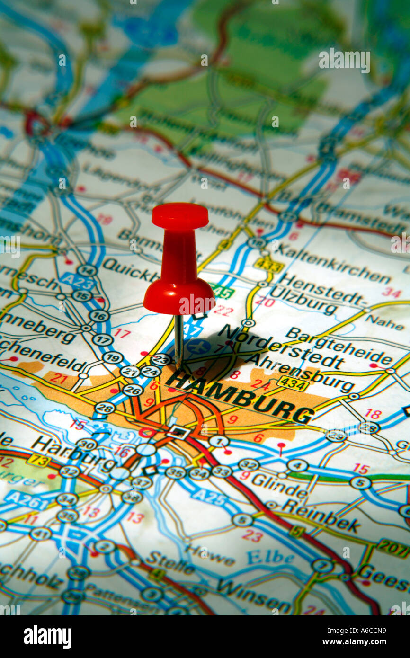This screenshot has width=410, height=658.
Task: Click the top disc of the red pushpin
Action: click(x=180, y=216)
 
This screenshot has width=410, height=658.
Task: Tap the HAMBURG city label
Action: click(x=241, y=397)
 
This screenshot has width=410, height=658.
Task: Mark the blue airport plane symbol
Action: click(x=198, y=346)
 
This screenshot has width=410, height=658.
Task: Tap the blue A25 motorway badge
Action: click(x=208, y=497)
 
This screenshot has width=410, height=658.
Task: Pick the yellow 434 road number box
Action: click(x=293, y=383)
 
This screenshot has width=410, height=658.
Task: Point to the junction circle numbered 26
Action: click(x=133, y=390)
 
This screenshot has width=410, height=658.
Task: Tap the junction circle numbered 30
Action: click(x=87, y=445)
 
